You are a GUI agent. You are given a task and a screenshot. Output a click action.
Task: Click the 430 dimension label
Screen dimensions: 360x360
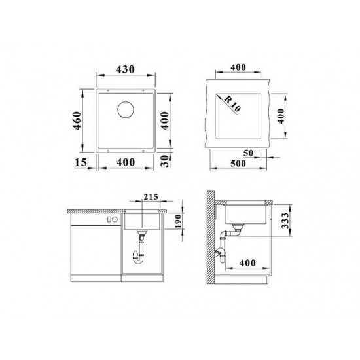(125, 69)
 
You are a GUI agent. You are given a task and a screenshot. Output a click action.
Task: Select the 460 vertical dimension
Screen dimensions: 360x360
(77, 120)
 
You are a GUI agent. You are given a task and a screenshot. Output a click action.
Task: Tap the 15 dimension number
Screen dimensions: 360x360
(81, 162)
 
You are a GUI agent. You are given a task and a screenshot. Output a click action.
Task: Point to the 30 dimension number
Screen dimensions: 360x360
(165, 161)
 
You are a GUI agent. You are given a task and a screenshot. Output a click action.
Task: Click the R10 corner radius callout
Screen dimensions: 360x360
(232, 103)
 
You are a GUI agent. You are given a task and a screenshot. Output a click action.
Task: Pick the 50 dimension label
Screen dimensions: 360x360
(248, 153)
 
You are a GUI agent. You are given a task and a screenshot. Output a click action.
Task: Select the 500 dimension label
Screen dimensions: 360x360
(238, 163)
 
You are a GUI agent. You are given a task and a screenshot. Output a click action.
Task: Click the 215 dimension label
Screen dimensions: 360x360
(151, 197)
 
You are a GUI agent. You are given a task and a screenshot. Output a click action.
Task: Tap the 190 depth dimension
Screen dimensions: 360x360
(178, 221)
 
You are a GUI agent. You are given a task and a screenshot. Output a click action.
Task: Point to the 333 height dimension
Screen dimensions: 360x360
(285, 221)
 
